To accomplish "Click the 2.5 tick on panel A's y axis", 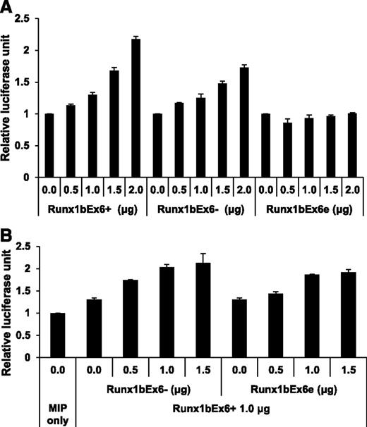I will pyautogui.click(x=30, y=18).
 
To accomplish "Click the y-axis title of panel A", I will pyautogui.click(x=8, y=98).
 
